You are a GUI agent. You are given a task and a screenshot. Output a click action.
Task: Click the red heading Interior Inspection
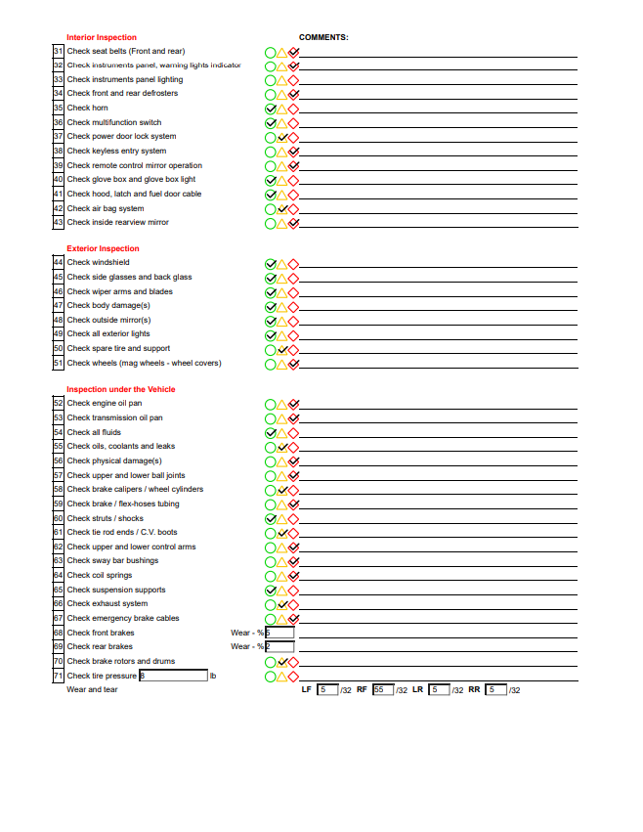[x=102, y=37]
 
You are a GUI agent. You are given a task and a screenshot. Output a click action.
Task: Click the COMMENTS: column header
[x=323, y=37]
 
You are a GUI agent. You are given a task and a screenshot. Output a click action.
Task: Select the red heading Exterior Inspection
[x=103, y=248]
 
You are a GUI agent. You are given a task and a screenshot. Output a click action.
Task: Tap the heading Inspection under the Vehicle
[x=121, y=389]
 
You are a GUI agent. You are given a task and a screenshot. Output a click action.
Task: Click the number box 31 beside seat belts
[x=59, y=51]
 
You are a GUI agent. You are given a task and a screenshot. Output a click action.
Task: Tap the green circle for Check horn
[x=271, y=109]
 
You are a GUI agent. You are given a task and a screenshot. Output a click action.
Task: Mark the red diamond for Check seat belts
[x=293, y=52]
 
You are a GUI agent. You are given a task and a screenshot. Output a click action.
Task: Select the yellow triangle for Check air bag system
[x=282, y=209]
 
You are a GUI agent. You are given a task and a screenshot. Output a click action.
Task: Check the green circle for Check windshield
[x=271, y=264]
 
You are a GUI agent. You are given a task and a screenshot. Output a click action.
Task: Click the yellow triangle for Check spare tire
[x=282, y=349]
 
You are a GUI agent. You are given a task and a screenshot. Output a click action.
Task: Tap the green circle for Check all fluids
[x=271, y=433]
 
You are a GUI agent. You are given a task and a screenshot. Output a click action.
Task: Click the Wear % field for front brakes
[x=279, y=633]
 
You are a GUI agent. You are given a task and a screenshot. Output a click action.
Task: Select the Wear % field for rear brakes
[x=279, y=646]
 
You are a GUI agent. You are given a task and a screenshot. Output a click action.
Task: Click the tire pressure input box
[x=174, y=676]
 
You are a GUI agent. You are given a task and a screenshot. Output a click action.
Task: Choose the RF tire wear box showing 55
[x=382, y=689]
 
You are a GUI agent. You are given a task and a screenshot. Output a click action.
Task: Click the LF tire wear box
[x=327, y=689]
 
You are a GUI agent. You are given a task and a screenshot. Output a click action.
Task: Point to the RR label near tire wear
[x=474, y=689]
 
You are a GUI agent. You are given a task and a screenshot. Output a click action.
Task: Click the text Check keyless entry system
[x=116, y=152]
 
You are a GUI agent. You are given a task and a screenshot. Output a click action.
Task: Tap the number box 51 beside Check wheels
[x=59, y=364]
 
